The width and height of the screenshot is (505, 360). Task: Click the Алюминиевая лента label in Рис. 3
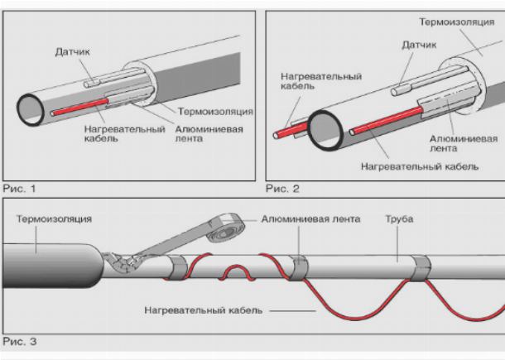point(310,220)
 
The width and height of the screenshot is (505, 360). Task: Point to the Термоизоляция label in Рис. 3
point(53,220)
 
